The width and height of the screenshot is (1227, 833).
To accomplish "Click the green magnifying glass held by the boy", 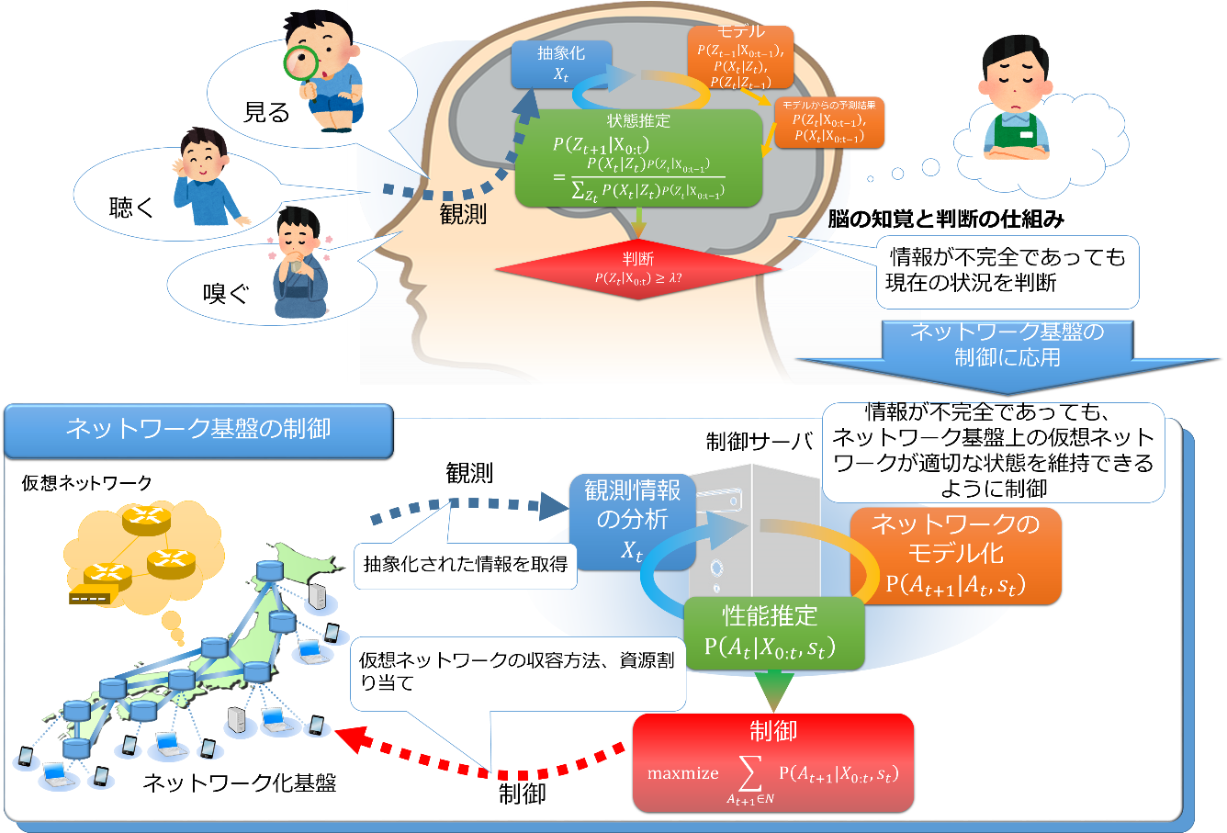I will click(300, 64).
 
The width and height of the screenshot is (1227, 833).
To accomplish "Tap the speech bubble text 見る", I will click(266, 112).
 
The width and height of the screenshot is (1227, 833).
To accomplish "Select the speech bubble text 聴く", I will click(132, 208).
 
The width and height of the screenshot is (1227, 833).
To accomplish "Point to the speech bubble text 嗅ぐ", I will click(226, 294).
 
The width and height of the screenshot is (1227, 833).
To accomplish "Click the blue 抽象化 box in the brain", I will click(560, 63).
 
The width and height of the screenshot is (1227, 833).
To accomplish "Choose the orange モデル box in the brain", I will click(740, 57).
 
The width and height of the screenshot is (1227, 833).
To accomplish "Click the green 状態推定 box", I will click(638, 158).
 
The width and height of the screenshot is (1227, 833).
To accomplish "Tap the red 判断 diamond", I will click(638, 268).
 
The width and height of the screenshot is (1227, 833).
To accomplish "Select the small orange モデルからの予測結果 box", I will click(828, 122).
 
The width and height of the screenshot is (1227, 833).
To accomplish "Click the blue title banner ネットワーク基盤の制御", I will click(198, 430).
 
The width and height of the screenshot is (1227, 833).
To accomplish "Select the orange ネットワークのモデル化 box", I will click(955, 555).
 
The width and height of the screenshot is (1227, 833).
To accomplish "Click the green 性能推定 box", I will click(770, 632).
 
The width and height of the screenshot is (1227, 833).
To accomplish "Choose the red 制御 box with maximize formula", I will click(772, 762).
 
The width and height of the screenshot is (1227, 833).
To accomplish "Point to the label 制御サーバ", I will click(759, 442).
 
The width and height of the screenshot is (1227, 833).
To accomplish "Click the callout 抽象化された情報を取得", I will click(466, 564).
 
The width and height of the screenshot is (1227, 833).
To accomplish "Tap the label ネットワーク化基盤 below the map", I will click(240, 783).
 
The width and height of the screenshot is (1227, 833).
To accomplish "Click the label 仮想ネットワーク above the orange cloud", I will click(87, 483).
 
